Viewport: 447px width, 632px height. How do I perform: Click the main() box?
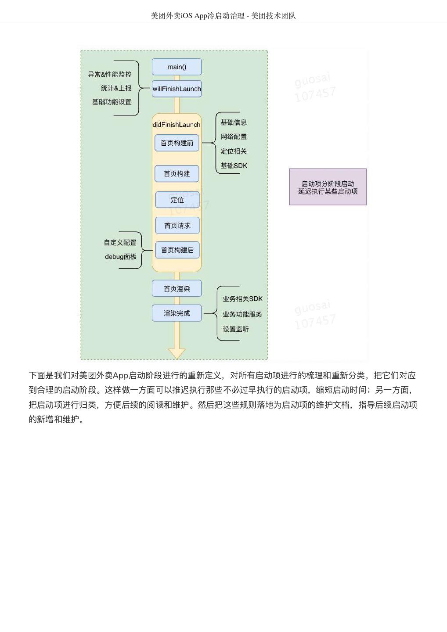point(177,67)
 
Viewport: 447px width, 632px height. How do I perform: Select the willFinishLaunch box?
point(177,89)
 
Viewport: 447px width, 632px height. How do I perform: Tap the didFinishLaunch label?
point(177,125)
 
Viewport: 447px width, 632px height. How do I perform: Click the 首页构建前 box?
point(177,143)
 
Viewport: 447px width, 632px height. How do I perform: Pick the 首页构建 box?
point(177,174)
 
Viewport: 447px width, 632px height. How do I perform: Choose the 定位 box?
point(177,200)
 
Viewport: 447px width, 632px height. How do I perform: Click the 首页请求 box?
point(177,226)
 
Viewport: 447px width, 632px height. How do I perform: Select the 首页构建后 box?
point(177,250)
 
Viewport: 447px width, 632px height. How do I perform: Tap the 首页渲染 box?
point(177,289)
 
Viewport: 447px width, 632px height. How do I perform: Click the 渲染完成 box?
point(177,313)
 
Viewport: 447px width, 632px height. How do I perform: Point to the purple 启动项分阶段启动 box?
point(328,187)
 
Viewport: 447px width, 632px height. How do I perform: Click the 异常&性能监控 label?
point(110,75)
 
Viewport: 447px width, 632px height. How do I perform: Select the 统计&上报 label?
point(116,88)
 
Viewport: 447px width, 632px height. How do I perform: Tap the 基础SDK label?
point(234,166)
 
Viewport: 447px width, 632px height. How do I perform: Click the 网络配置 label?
point(234,137)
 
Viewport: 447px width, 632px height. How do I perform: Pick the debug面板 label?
point(120,257)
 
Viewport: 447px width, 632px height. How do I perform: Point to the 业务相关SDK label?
point(242,299)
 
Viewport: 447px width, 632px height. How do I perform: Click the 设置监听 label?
point(235,329)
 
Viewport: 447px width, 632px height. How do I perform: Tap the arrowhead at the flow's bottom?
point(177,354)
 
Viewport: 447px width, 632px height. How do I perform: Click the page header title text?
point(223,16)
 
